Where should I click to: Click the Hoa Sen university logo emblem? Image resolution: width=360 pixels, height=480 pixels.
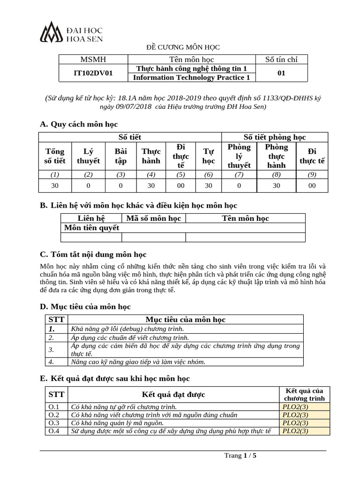click(x=52, y=32)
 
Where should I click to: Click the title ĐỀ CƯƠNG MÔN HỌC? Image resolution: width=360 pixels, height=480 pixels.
click(x=180, y=47)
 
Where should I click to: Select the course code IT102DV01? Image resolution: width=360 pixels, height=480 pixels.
click(x=93, y=73)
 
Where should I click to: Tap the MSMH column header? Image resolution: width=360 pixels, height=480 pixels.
click(x=93, y=59)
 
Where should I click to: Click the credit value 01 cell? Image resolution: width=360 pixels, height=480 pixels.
click(x=281, y=73)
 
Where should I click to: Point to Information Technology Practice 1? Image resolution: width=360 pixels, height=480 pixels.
click(x=191, y=77)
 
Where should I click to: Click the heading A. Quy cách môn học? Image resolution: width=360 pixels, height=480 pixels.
click(x=79, y=124)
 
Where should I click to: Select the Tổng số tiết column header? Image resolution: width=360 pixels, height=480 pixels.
click(x=54, y=156)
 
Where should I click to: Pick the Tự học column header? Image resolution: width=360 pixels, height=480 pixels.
click(x=209, y=156)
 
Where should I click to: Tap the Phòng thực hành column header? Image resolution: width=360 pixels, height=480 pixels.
click(x=276, y=156)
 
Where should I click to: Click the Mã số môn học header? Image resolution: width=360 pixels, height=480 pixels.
click(x=153, y=218)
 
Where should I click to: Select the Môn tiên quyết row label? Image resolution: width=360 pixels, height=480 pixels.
click(x=91, y=227)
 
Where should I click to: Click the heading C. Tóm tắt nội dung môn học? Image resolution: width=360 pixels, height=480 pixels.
click(x=93, y=254)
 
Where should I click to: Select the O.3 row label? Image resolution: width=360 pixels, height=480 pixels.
click(x=54, y=423)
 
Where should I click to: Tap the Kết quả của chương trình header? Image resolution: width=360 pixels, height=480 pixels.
click(x=304, y=395)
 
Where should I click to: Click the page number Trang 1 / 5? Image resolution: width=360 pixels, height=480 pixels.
click(x=240, y=455)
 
